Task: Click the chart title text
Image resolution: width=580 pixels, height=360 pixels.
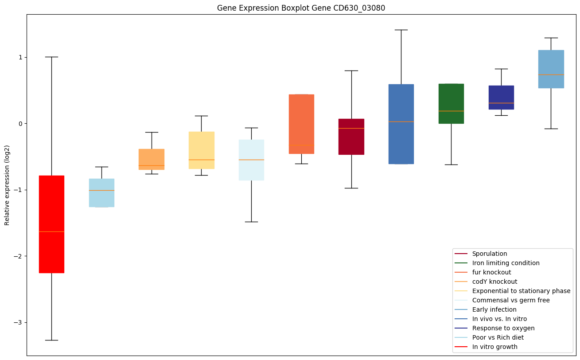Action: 298,8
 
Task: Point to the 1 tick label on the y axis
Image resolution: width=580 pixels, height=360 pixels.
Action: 20,57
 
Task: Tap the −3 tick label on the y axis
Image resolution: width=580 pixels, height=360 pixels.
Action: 18,322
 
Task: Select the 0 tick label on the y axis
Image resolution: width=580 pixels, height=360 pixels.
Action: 20,124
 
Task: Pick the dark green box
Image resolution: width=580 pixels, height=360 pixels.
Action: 451,103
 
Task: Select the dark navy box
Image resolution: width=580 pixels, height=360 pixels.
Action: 501,97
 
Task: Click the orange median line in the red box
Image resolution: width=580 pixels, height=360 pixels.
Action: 51,231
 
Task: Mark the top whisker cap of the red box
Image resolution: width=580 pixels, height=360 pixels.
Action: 51,57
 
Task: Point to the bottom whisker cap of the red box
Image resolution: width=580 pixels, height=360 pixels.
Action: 51,340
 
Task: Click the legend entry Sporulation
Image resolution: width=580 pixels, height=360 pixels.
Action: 489,254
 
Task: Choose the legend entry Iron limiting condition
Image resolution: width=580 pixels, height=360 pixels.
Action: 506,263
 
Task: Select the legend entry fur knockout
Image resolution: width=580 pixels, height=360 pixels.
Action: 491,273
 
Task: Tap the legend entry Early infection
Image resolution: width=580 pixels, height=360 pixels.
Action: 494,310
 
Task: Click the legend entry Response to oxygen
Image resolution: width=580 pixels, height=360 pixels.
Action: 503,329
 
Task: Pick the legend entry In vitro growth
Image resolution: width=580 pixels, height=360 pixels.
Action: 494,347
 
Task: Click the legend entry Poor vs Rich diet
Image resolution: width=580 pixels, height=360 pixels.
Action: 498,338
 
